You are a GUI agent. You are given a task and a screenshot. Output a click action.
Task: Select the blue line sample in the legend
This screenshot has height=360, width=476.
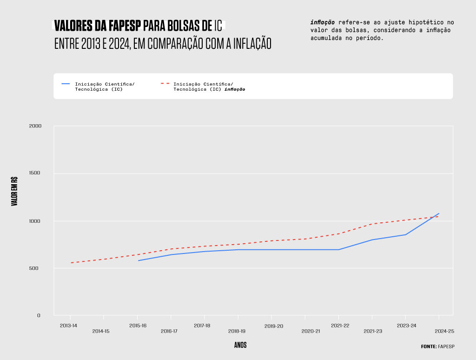click(66, 84)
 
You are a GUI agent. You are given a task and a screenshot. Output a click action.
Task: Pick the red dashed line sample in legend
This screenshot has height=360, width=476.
click(165, 84)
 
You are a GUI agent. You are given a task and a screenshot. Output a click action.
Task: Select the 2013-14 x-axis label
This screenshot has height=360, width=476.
click(69, 326)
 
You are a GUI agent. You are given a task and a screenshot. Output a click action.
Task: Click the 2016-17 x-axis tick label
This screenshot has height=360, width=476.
click(169, 332)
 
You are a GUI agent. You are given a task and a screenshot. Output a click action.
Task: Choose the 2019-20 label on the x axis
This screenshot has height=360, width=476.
click(274, 327)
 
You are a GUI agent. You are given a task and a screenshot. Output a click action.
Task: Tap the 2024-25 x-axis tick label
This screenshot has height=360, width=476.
click(444, 332)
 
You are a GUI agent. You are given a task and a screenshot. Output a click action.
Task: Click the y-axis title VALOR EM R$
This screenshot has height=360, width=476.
click(14, 191)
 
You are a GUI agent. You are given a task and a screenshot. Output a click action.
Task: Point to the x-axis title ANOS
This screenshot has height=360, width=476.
click(240, 345)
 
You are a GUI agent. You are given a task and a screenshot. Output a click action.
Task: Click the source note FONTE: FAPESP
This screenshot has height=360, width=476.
click(437, 347)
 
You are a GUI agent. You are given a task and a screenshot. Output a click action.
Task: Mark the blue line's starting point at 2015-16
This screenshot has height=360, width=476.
click(138, 260)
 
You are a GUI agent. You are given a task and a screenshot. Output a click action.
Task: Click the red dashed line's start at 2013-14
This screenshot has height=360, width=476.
click(71, 263)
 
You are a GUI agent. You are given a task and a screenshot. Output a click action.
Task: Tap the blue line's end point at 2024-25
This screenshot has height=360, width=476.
click(439, 213)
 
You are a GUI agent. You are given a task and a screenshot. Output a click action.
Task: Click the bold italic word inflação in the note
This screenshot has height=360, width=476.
click(323, 22)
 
